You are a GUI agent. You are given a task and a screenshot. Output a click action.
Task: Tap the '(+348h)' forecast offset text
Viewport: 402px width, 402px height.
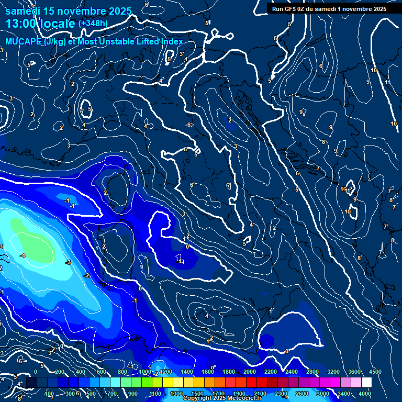tap(93, 24)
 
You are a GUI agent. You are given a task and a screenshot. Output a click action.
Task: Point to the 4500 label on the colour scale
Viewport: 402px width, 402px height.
tap(375, 371)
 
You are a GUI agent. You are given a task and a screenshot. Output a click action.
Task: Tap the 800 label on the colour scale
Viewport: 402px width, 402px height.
tap(122, 371)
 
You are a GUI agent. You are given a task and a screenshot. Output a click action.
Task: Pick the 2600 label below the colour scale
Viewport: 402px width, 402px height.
tap(302, 394)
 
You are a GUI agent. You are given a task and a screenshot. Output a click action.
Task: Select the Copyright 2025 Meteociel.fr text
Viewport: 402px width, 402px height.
tap(222, 398)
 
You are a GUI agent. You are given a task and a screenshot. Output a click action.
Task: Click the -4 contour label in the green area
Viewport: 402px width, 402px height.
tap(23, 255)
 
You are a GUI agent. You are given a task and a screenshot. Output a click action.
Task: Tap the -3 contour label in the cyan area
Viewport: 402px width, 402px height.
tap(68, 262)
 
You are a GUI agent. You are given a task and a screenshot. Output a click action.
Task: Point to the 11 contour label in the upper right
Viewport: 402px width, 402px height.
tap(387, 83)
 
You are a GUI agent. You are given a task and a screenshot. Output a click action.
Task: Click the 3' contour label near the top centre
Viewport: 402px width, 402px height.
tap(181, 54)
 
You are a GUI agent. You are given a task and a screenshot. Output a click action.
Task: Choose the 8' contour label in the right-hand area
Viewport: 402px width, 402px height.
tap(360, 258)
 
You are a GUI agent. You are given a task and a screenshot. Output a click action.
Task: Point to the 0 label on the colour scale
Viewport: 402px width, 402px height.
tap(35, 371)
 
